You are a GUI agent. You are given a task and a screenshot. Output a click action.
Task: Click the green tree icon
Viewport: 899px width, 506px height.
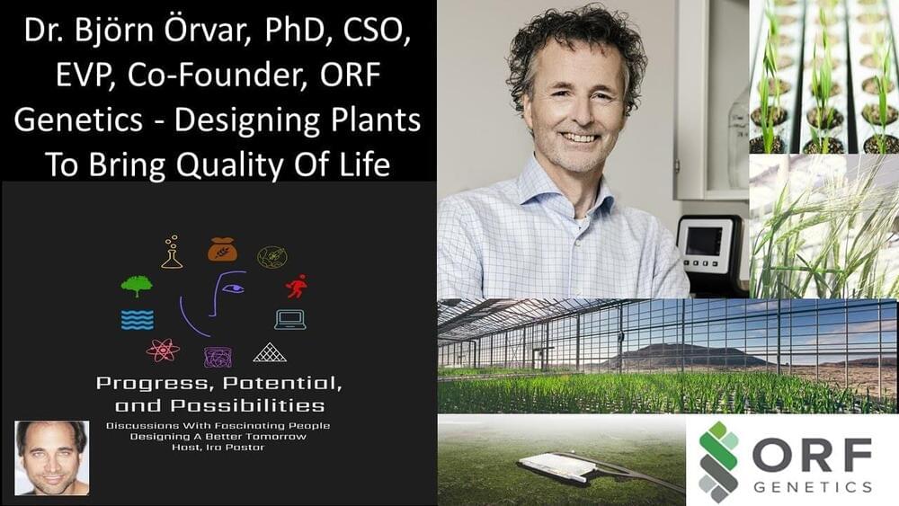137,286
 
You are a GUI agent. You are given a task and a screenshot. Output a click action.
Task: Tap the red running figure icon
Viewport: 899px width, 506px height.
297,286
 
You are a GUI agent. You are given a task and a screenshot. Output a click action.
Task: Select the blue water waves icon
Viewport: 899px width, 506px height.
138,320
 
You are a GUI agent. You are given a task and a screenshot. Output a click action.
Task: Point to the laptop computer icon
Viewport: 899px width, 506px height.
290,320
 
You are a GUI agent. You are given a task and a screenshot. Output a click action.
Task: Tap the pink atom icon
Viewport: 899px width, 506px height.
163,350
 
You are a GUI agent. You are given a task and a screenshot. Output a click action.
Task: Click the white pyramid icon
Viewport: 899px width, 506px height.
270,352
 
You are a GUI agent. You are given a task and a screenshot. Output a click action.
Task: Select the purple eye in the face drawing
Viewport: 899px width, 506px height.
233,289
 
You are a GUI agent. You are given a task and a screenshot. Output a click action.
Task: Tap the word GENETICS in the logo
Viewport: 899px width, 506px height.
813,488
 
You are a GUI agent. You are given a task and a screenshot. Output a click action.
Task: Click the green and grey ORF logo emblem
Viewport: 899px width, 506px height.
719,462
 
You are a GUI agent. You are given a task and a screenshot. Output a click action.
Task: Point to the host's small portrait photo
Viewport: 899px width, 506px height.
52,457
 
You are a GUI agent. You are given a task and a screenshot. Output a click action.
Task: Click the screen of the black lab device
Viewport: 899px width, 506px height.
704,241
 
